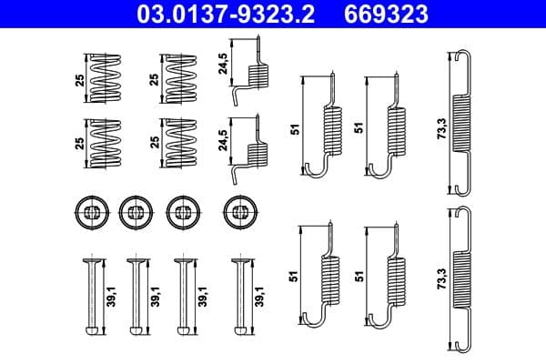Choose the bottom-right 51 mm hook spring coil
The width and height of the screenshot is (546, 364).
click(398, 278)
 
